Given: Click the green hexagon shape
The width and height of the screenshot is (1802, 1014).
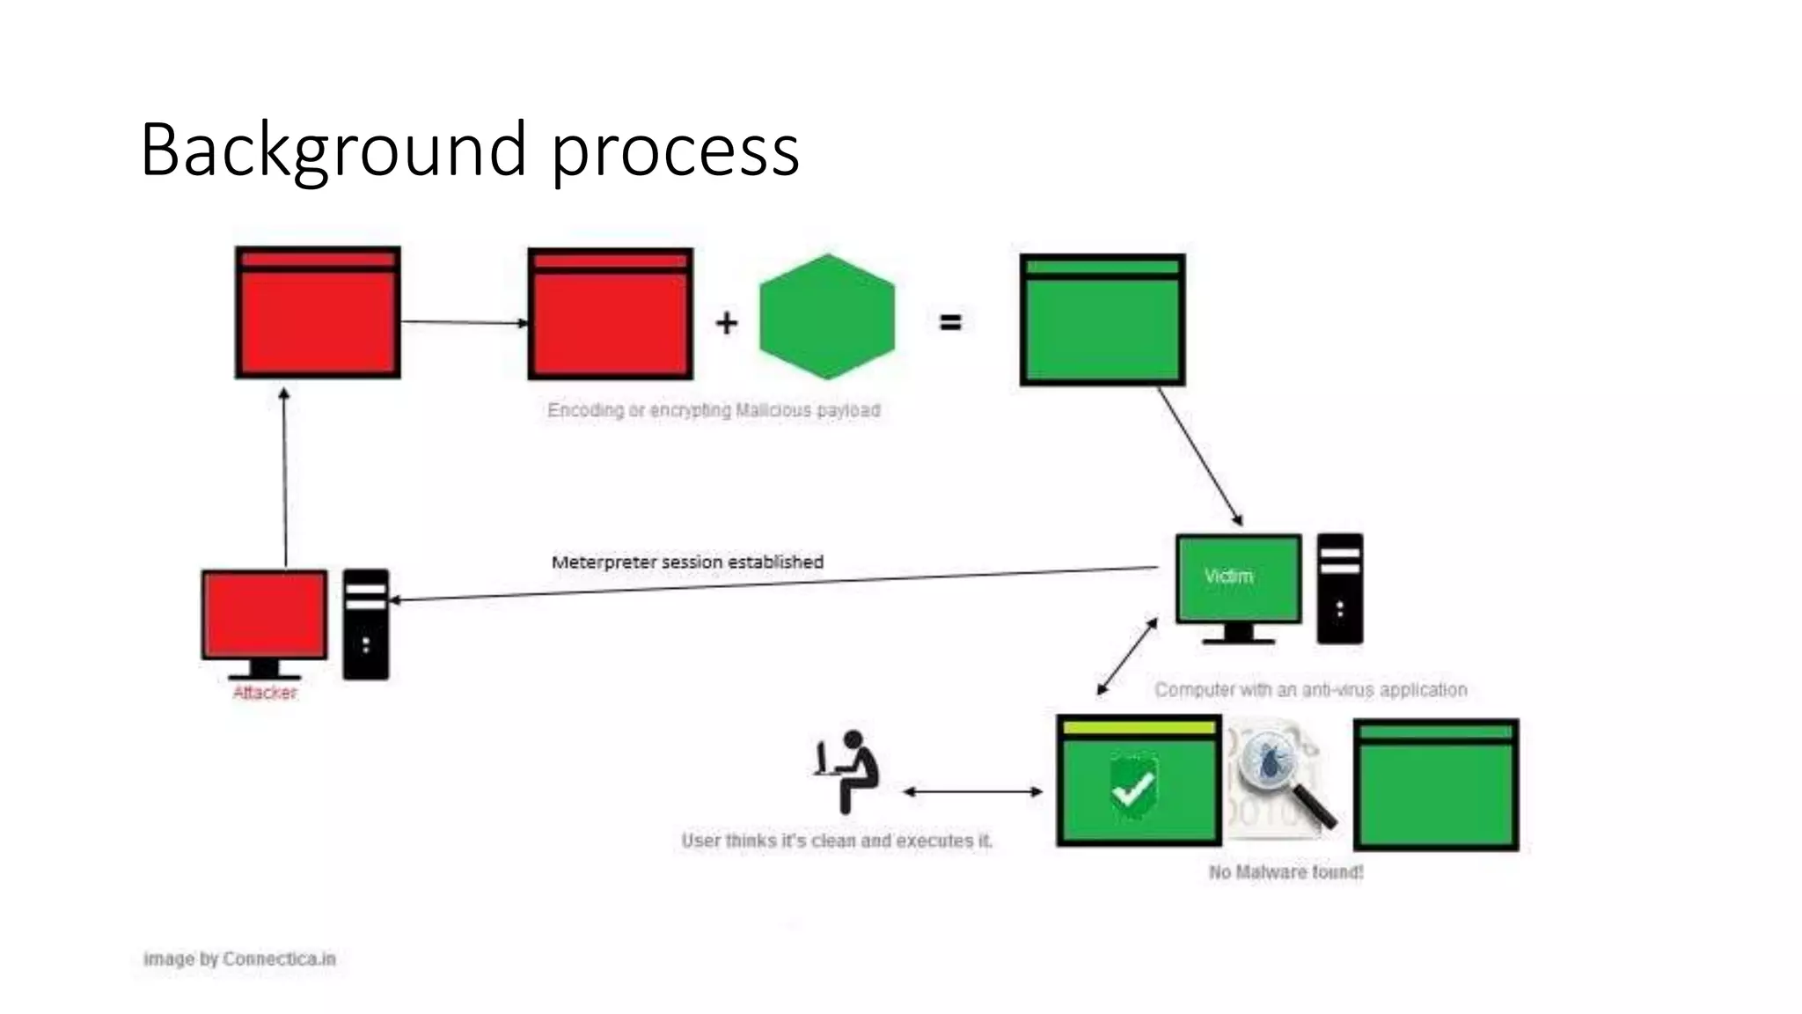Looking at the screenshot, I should point(826,317).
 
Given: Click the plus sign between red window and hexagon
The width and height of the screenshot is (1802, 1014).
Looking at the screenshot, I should point(726,323).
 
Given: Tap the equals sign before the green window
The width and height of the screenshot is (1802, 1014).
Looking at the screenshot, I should point(950,323).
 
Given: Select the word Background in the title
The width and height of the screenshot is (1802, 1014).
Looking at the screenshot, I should point(333,150).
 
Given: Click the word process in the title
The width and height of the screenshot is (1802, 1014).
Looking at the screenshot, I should point(675,151).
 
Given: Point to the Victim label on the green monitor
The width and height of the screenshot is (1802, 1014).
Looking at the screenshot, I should point(1228,576).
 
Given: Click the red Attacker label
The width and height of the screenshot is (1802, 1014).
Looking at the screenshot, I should point(264,693).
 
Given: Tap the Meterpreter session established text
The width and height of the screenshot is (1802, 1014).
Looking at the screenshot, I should point(687,562).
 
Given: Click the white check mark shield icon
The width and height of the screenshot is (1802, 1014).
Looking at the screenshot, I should point(1132,786).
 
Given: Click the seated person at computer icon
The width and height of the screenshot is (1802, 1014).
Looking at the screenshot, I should point(846,770).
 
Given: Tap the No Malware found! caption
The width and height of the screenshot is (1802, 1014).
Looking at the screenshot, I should point(1286,871).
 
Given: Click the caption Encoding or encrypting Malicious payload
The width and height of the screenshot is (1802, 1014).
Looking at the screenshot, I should point(714,410).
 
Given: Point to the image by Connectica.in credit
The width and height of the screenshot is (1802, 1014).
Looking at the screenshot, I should point(239,959).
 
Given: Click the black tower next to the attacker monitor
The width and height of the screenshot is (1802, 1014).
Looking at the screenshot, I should point(365,624).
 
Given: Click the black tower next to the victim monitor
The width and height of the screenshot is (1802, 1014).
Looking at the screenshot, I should point(1339,588).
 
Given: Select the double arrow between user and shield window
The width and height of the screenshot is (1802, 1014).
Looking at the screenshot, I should point(973,791).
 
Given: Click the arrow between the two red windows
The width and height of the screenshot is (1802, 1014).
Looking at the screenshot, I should point(464,322).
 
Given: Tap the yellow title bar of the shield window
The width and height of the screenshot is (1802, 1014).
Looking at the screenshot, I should point(1139,728).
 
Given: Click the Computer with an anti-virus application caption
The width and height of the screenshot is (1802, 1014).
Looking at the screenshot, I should point(1310,689).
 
